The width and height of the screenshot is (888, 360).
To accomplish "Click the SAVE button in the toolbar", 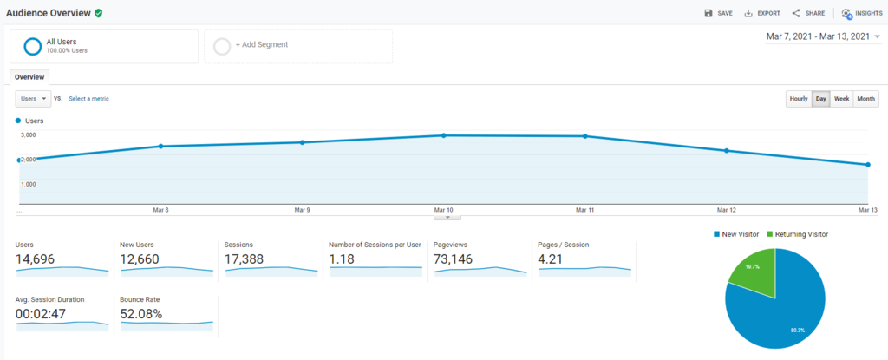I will (719, 13).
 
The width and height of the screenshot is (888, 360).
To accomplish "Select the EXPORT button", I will (762, 13).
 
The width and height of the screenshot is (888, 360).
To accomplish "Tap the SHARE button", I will (808, 13).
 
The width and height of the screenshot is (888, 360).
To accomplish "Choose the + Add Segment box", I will (298, 46).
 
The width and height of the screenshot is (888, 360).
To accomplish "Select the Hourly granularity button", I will (798, 99).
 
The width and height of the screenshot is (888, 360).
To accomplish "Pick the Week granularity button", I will (841, 99).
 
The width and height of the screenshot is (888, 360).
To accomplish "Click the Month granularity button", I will (865, 99).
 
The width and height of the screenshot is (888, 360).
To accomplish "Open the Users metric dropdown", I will (34, 99).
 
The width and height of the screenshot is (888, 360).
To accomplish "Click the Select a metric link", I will (89, 99).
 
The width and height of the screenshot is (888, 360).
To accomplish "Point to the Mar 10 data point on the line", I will (444, 135).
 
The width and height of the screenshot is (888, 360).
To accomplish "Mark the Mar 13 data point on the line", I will (867, 165).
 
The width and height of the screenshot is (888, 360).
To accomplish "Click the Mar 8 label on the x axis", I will (160, 210).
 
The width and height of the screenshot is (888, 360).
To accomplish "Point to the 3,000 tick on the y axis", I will (28, 134).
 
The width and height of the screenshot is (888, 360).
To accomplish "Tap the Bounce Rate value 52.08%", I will (141, 314).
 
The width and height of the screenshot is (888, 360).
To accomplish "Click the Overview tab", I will (29, 76).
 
